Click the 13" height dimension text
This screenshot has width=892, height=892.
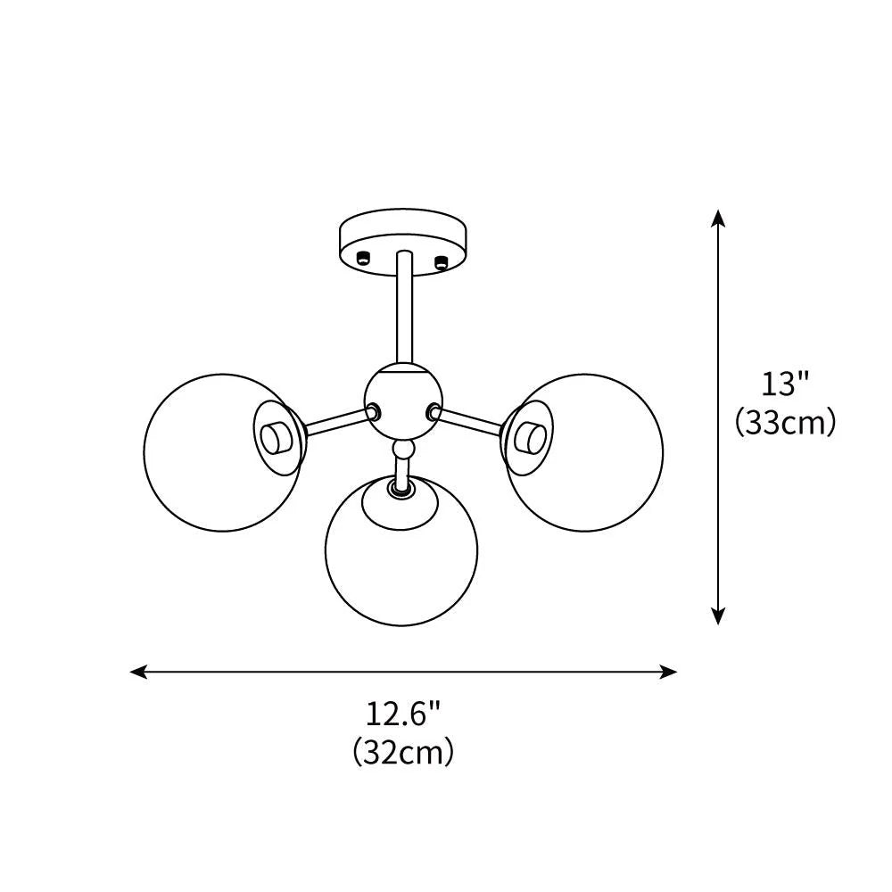(x=785, y=384)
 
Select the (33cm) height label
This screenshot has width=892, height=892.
(x=785, y=422)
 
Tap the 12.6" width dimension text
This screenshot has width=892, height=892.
(x=403, y=714)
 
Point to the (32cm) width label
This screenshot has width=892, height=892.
(x=403, y=752)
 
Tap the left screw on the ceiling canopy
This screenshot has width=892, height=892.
(x=362, y=259)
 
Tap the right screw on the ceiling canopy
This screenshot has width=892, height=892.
(x=439, y=260)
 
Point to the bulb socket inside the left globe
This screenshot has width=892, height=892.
(x=276, y=437)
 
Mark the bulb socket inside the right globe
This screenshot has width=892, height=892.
(x=530, y=437)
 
